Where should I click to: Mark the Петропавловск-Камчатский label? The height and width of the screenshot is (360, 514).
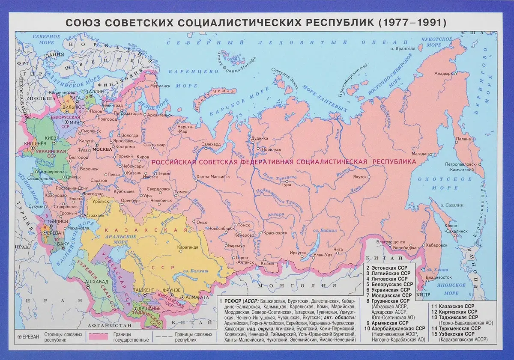[x=460, y=167]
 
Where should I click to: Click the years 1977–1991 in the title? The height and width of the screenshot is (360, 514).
[x=412, y=23]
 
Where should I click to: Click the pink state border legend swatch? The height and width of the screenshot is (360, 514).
[x=98, y=336]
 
